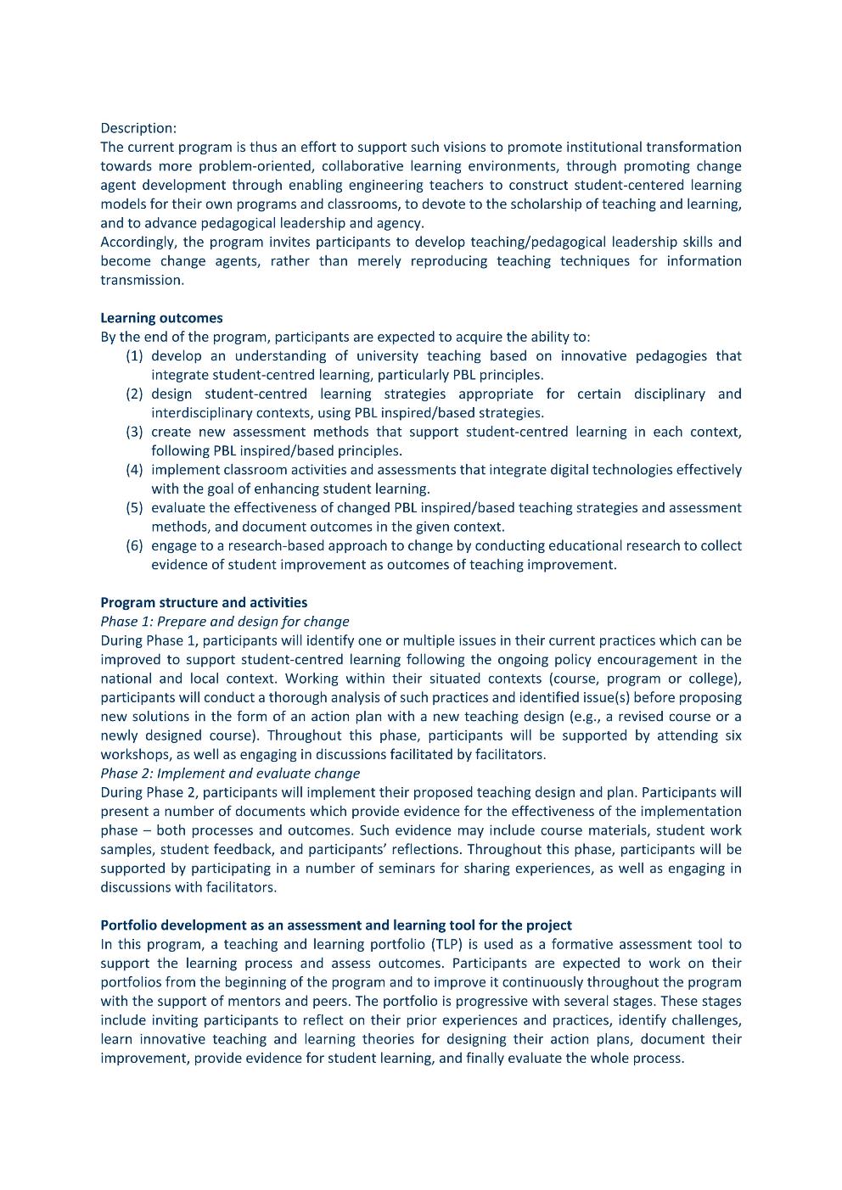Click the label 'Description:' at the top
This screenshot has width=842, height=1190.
pos(138,128)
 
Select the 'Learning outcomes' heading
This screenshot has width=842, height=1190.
pos(161,318)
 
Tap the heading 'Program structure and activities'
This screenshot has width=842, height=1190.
pos(204,603)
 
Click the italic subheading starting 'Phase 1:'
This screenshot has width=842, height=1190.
pos(224,622)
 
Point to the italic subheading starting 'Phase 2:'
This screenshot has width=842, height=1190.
pos(229,774)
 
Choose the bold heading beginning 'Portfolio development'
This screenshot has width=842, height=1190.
pos(336,925)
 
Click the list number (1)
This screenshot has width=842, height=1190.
pos(134,356)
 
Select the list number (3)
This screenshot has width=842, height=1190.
pos(134,432)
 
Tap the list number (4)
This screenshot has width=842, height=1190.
pos(134,470)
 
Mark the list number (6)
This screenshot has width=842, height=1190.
pos(134,545)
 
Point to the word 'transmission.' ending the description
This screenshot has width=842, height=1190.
pos(142,280)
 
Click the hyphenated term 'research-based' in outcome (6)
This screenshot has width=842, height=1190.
pos(272,545)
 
